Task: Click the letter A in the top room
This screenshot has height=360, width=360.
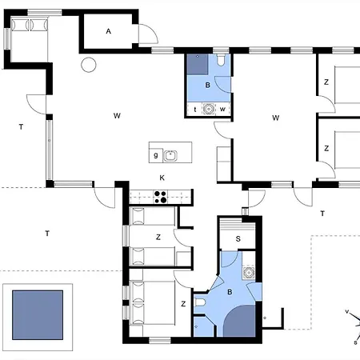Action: click(108, 31)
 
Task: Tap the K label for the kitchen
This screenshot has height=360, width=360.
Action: click(162, 178)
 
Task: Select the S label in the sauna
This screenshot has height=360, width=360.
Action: click(238, 239)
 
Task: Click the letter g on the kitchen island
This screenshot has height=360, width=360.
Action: click(156, 155)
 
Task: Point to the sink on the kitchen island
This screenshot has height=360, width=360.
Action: click(170, 156)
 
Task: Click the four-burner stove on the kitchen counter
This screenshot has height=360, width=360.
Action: click(161, 197)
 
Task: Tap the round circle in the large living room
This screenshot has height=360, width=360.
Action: click(89, 65)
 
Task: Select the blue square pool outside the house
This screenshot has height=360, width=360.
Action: click(38, 315)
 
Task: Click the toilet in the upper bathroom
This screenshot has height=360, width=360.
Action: click(221, 60)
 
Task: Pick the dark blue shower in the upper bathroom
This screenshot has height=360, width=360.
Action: click(198, 65)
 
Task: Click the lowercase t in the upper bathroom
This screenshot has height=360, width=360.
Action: click(195, 110)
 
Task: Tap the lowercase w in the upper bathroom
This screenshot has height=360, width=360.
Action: click(222, 109)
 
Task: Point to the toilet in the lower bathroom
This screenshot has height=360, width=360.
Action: click(200, 302)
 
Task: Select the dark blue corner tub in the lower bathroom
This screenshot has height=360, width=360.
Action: click(240, 322)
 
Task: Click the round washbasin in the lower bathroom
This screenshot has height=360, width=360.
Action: click(249, 273)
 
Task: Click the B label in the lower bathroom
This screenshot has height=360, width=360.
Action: click(230, 292)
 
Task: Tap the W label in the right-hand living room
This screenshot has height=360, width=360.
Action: click(276, 118)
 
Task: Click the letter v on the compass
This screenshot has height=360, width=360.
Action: click(347, 311)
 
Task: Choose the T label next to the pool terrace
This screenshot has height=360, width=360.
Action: click(47, 234)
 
